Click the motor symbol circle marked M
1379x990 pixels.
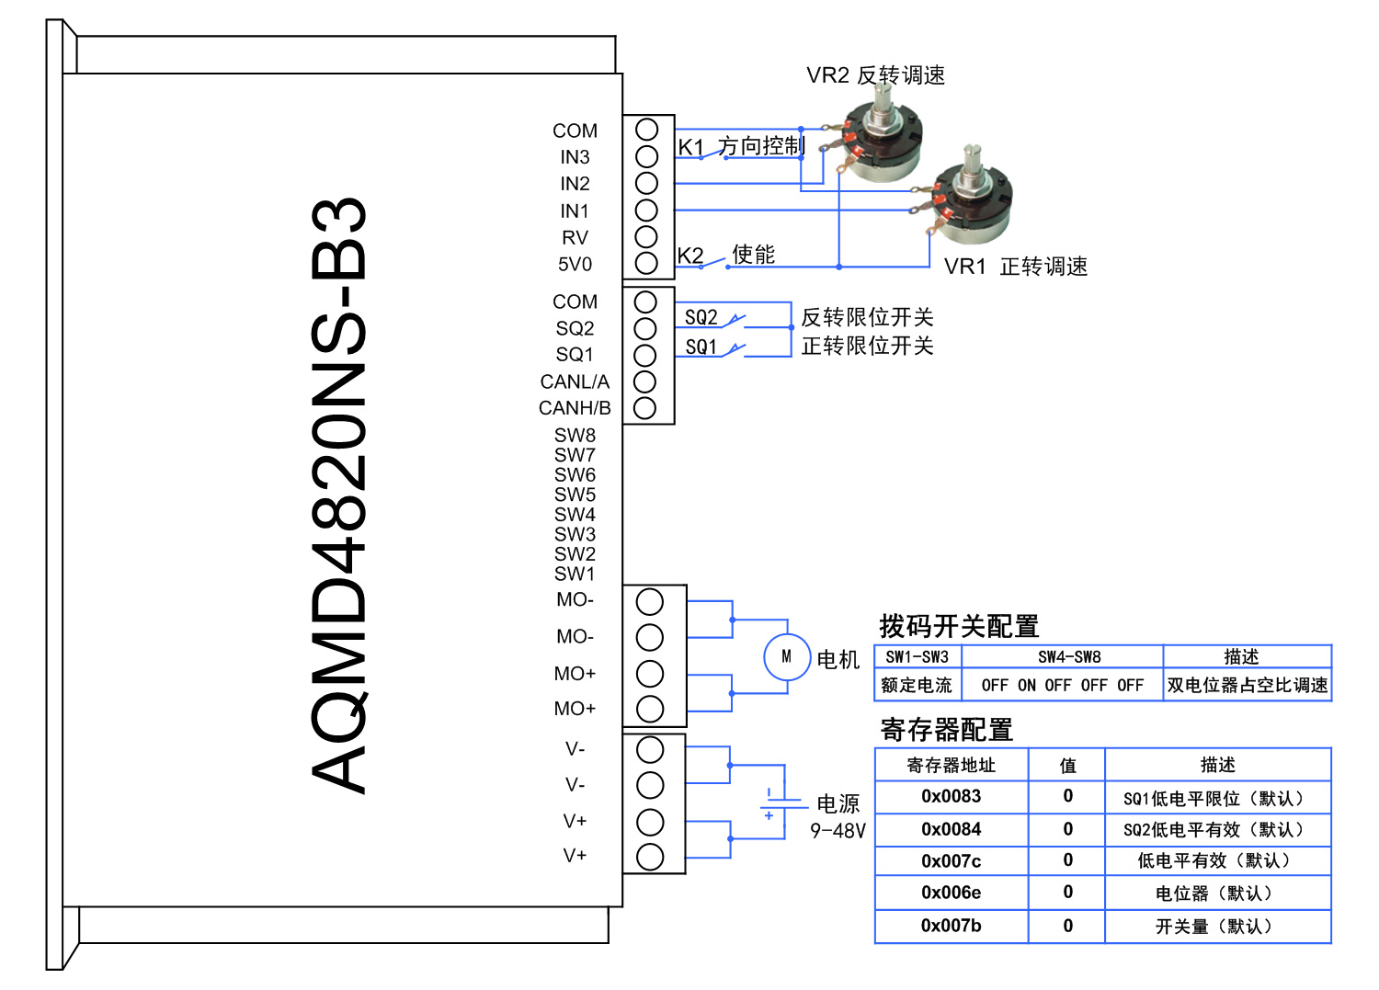[786, 656]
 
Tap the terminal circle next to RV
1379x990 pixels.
[646, 236]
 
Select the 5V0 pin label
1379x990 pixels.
[575, 265]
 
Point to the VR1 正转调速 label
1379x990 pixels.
[1015, 267]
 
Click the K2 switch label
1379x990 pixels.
[689, 256]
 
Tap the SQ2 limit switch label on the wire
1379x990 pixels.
[701, 317]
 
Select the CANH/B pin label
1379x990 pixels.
[575, 408]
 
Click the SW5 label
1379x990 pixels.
[575, 495]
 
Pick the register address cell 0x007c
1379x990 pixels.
[951, 861]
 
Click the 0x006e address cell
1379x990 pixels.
[951, 893]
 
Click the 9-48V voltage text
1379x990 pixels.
[838, 831]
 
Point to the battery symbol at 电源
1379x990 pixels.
[771, 802]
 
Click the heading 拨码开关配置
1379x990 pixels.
[958, 627]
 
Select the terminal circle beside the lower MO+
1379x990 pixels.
[649, 709]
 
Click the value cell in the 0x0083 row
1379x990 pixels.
[1066, 796]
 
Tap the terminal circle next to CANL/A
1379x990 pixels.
[645, 381]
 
